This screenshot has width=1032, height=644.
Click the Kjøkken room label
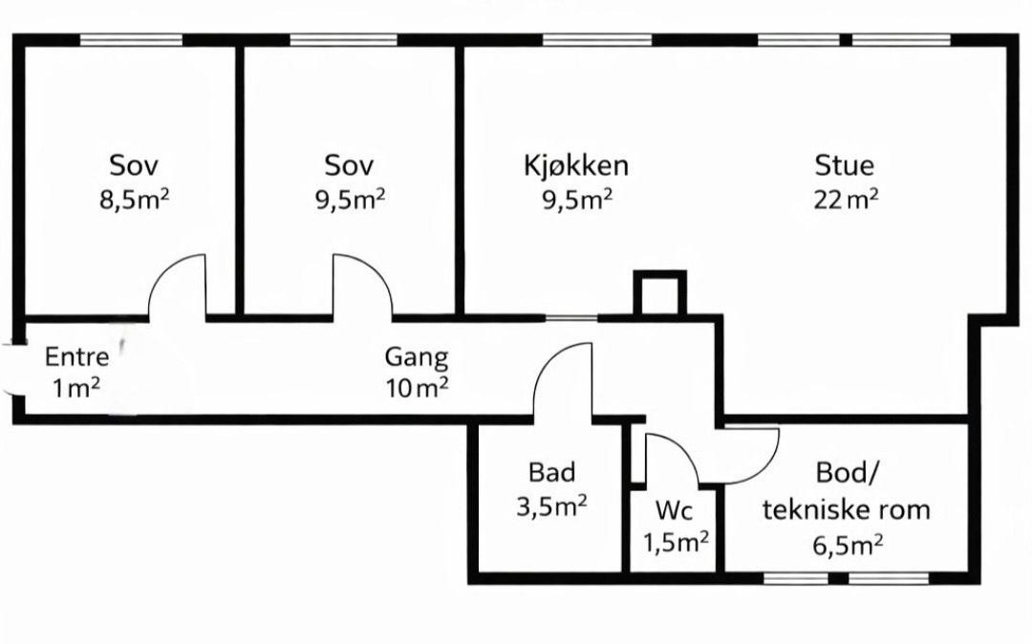(576, 165)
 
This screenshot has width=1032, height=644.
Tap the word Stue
(845, 164)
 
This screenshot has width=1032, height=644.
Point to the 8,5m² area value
(135, 199)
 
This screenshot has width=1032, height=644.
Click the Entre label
(77, 357)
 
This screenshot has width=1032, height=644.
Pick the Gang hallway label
(417, 357)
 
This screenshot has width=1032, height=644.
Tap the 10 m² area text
(418, 388)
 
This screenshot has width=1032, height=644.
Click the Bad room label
(551, 472)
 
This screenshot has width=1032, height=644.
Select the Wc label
(674, 510)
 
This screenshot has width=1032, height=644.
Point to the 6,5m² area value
(848, 545)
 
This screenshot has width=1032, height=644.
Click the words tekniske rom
(847, 510)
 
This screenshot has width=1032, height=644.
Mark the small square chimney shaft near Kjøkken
(659, 293)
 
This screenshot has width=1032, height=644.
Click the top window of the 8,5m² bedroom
(131, 40)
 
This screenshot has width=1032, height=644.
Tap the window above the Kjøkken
(597, 40)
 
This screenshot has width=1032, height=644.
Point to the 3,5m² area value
(551, 507)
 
